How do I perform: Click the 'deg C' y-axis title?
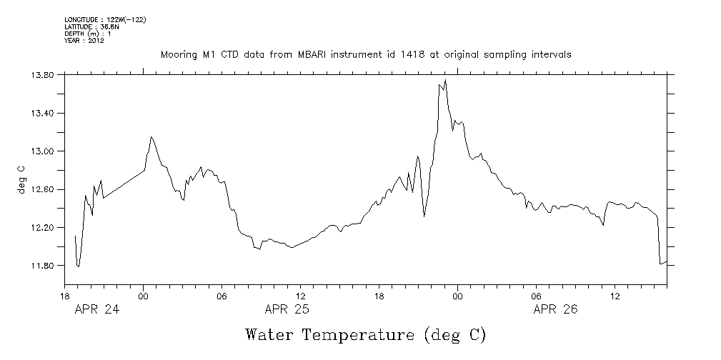point(21,181)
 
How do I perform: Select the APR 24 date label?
point(97,309)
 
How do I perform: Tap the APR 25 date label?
point(287,309)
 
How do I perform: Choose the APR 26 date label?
point(556,309)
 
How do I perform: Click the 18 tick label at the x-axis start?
point(65,295)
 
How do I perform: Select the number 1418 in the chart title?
point(392,54)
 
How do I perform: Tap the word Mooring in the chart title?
point(178,54)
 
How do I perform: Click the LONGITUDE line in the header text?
point(105,19)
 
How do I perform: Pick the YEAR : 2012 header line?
point(84,41)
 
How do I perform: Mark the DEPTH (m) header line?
point(87,34)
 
